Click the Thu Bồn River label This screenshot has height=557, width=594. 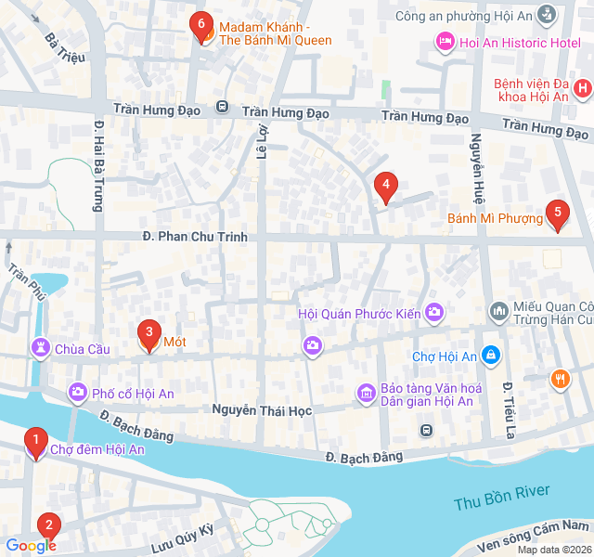tap(502, 497)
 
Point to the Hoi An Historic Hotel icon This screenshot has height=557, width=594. tap(445, 42)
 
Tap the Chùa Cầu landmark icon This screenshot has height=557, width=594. tap(41, 348)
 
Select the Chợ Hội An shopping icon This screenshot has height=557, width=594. tap(492, 356)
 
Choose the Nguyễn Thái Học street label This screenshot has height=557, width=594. tap(263, 409)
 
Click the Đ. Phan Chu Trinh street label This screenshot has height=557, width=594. tap(196, 237)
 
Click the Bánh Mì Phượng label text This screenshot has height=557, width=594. tap(495, 218)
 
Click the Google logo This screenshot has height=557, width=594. tap(31, 546)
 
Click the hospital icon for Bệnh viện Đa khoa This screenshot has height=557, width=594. tap(583, 89)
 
